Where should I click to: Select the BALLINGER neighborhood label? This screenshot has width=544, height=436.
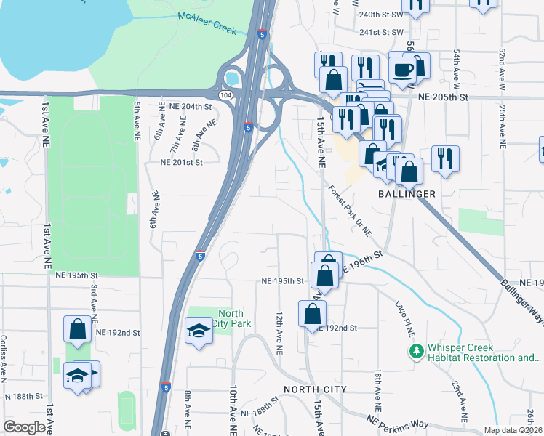tap(407, 194)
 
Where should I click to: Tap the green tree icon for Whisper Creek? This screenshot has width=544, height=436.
tap(416, 352)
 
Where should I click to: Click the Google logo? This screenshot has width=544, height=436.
tap(24, 427)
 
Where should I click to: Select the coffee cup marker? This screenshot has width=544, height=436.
tap(402, 70)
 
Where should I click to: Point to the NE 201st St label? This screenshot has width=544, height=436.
tap(181, 163)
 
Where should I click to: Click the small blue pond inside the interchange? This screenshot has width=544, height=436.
tap(233, 76)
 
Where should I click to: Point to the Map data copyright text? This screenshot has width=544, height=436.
tap(513, 430)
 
